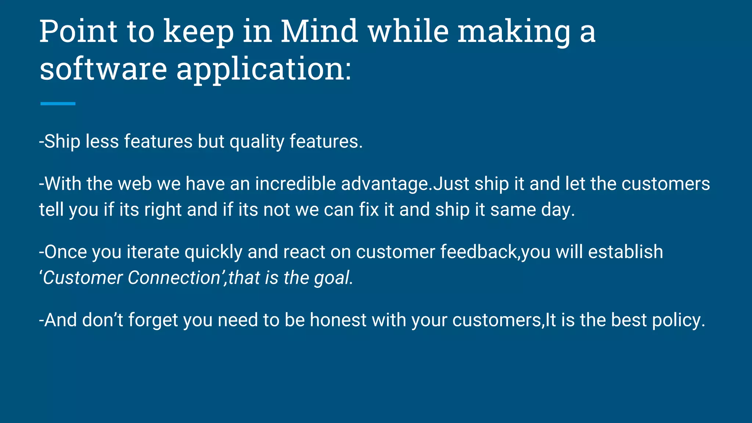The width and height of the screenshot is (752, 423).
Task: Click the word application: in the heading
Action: pyautogui.click(x=264, y=70)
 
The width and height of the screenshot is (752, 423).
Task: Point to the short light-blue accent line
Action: pyautogui.click(x=58, y=104)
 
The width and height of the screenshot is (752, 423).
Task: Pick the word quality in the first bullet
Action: pyautogui.click(x=257, y=142)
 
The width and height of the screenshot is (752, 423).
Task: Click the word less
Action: pyautogui.click(x=102, y=141)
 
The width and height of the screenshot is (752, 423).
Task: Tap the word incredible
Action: pyautogui.click(x=295, y=184)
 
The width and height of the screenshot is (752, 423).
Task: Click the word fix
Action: pyautogui.click(x=369, y=210)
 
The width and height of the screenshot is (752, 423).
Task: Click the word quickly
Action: pyautogui.click(x=213, y=253)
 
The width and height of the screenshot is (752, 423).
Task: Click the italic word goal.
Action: pyautogui.click(x=333, y=278)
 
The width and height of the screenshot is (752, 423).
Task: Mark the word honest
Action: pyautogui.click(x=338, y=320)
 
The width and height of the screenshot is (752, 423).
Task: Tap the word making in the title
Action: pyautogui.click(x=514, y=32)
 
